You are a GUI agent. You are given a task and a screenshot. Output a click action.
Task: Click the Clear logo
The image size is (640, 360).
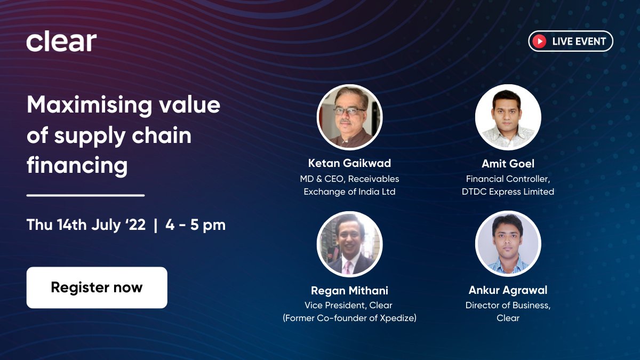pos(61,42)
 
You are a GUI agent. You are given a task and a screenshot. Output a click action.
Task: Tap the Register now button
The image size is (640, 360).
pos(97,287)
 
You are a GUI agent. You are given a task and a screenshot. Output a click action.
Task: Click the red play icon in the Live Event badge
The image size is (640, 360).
pos(540,41)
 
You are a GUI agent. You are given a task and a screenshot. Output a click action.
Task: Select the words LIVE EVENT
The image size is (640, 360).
pos(579,41)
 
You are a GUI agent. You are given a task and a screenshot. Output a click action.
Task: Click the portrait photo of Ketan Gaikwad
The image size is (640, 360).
pos(349,117)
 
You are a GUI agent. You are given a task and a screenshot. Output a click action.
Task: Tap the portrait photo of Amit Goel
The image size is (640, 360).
pos(508,117)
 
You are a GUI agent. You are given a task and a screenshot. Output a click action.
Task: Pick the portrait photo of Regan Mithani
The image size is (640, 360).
pos(349,244)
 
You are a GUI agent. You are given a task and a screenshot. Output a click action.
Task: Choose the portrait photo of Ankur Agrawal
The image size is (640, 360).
pos(508,244)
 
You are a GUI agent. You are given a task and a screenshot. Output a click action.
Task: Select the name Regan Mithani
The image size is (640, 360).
pos(349,291)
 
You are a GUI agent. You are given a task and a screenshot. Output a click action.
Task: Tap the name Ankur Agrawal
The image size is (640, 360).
pos(508,291)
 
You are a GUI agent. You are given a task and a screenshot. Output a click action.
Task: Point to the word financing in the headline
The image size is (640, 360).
pos(77,165)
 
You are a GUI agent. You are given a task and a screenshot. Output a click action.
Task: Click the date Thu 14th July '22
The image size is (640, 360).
pos(86,225)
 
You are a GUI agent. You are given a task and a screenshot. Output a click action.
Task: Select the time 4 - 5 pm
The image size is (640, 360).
pos(195,225)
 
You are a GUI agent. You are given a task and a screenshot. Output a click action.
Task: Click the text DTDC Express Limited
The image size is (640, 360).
pos(508,191)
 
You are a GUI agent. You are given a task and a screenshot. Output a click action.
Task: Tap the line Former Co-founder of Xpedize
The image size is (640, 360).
pos(350,318)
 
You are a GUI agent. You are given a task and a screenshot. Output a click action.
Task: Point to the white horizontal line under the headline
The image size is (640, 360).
pos(85,195)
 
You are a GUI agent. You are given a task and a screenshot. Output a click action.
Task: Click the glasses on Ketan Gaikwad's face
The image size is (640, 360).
pos(349,111)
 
